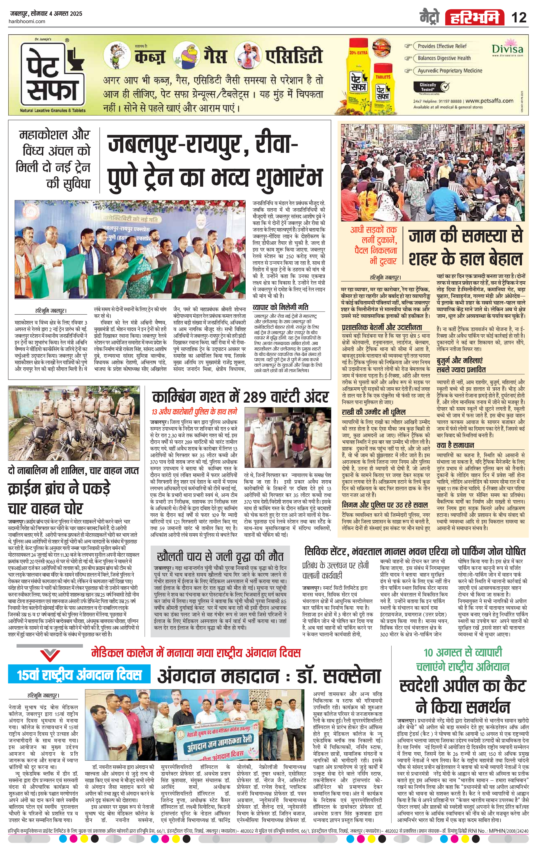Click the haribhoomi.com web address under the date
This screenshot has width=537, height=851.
(26, 22)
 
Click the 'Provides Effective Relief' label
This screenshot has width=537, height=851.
(442, 46)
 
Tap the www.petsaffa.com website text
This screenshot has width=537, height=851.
(491, 101)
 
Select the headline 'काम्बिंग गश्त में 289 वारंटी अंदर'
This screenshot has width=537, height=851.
(240, 398)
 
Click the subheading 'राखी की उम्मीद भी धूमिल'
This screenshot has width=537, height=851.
(373, 412)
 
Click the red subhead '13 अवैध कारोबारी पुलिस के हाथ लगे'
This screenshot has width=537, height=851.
(194, 412)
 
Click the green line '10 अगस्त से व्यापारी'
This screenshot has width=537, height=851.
(463, 652)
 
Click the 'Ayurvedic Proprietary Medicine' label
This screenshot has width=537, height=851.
(450, 70)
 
